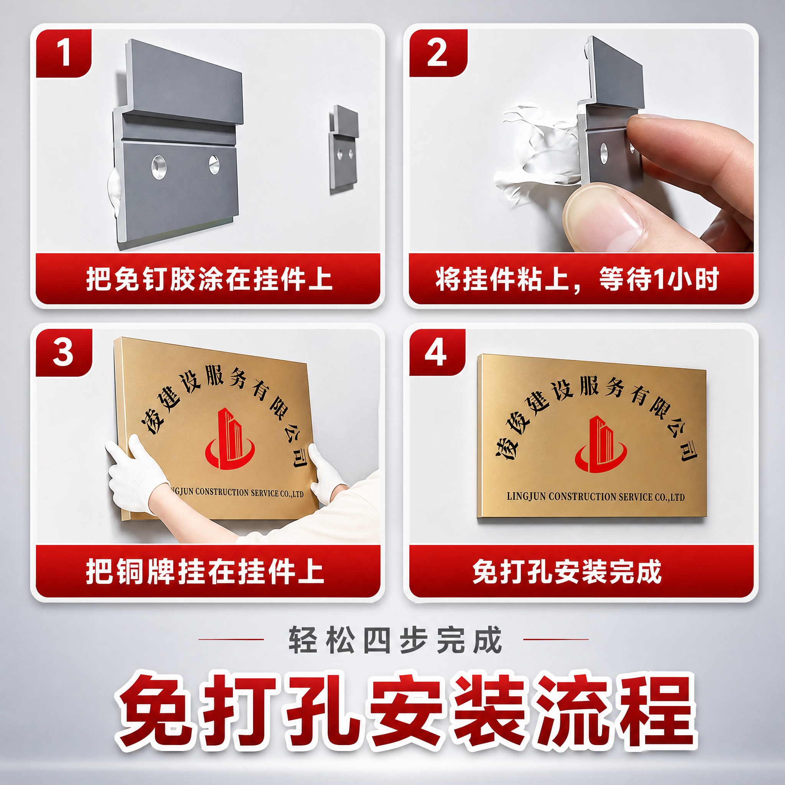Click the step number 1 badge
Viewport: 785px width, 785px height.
tap(64, 53)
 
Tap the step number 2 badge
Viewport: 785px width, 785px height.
tap(438, 53)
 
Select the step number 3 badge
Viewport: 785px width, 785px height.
tap(64, 352)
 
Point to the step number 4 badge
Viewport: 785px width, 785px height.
tap(437, 352)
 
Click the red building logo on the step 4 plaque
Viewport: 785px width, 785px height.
tap(601, 444)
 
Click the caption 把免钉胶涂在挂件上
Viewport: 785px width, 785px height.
tap(209, 280)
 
